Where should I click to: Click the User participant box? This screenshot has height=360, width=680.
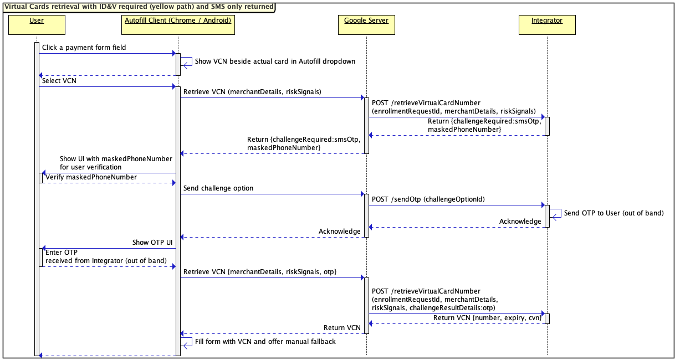[x=37, y=25]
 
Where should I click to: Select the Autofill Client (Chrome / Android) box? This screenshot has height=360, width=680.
[x=178, y=25]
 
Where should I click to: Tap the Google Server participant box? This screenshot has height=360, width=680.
[x=366, y=25]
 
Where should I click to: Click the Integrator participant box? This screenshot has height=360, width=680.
[x=546, y=25]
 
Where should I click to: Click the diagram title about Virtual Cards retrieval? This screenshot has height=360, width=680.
[x=139, y=7]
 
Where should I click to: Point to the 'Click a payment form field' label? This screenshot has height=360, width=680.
[x=84, y=48]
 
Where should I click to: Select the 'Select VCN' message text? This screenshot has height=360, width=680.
[x=59, y=81]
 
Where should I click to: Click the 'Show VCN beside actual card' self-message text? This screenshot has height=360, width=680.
[x=275, y=61]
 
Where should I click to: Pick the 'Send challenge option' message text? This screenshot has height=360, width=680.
[x=218, y=188]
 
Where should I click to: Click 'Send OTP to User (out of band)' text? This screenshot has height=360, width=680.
[x=613, y=213]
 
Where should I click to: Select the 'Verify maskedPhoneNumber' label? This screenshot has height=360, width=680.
[x=90, y=177]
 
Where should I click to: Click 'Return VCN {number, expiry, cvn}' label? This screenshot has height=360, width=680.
[x=487, y=318]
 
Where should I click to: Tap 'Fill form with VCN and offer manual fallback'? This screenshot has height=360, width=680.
[x=265, y=342]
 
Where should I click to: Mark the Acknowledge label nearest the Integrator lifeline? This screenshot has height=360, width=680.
[x=520, y=222]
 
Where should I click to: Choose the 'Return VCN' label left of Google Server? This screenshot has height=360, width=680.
[x=342, y=328]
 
